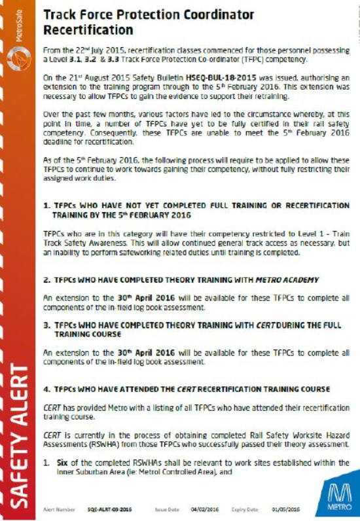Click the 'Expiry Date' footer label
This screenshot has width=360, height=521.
(249, 507)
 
